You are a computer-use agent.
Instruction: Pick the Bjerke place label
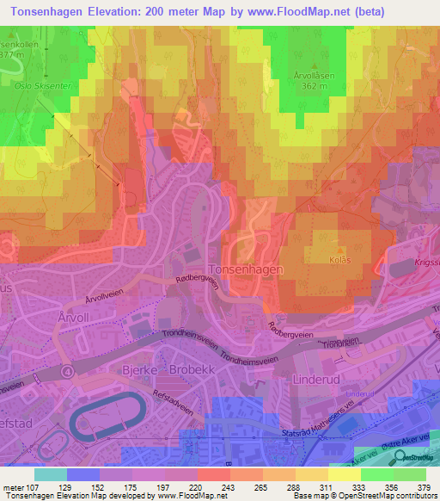point(115,369)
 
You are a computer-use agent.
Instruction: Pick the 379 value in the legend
point(425,487)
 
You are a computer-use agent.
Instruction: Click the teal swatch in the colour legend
point(51,473)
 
